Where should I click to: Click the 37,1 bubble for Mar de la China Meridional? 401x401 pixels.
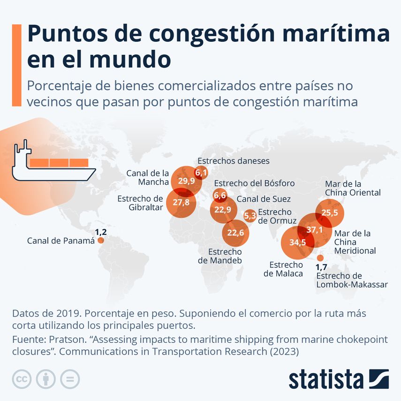pos(315,230)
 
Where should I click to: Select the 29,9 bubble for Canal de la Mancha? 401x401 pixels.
pos(186,181)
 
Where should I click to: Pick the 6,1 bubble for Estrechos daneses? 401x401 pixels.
pos(201,173)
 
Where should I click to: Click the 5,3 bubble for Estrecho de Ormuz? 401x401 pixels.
pos(250,215)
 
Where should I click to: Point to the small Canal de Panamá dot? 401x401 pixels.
pos(100,240)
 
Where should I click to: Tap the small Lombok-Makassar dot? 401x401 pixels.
pos(320,258)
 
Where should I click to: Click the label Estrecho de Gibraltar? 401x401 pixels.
pos(140,203)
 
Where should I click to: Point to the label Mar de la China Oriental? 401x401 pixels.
pos(353,188)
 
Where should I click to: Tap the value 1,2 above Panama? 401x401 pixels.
pos(101,232)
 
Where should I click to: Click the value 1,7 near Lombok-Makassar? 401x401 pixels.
pos(321,267)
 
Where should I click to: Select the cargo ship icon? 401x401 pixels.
pos(51,163)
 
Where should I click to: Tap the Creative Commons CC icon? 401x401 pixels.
pos(22,378)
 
